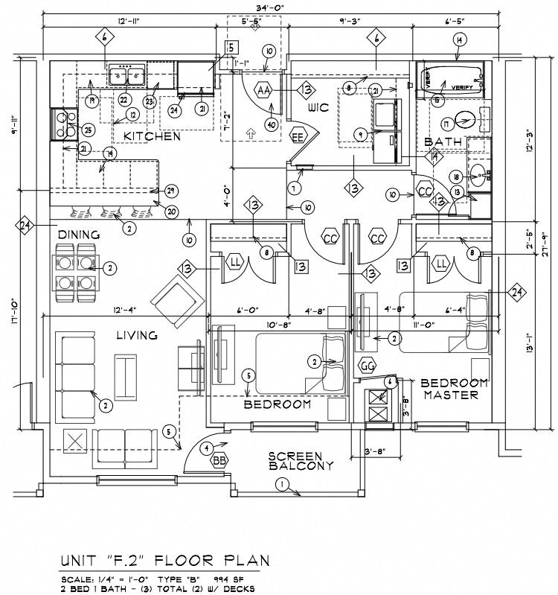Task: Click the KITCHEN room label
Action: click(152, 137)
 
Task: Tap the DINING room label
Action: click(78, 235)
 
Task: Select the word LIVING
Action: click(136, 335)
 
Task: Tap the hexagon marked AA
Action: click(263, 90)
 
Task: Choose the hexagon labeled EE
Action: click(298, 138)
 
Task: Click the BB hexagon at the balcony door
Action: click(219, 461)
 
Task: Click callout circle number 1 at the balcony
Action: click(281, 486)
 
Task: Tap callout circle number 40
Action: click(271, 124)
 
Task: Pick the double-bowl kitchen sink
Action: click(128, 74)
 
